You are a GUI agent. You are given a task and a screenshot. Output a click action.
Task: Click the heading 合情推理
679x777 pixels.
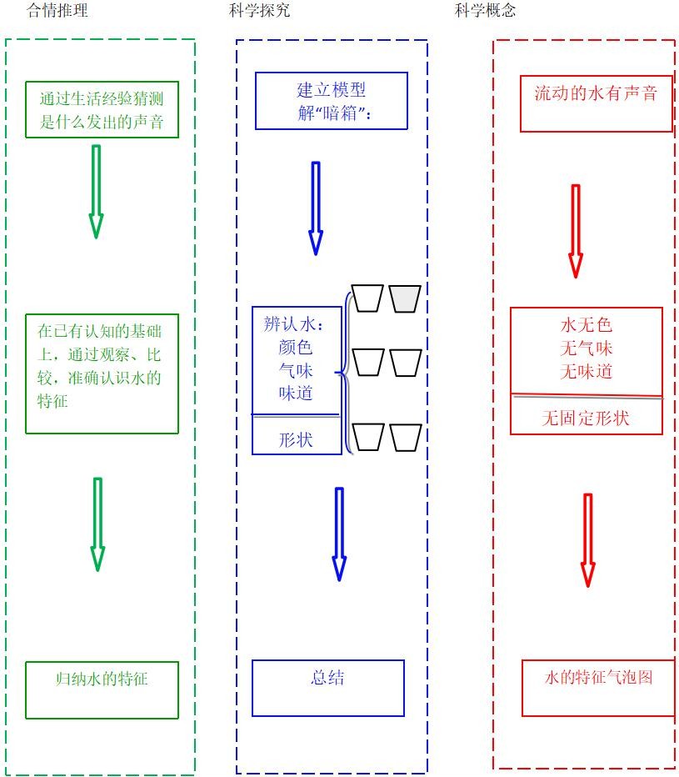tap(57, 11)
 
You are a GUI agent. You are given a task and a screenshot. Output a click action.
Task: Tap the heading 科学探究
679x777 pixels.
tap(260, 11)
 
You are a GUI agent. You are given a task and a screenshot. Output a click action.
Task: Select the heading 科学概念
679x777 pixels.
tap(486, 11)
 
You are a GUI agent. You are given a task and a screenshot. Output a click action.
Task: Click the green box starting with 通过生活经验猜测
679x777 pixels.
tap(102, 109)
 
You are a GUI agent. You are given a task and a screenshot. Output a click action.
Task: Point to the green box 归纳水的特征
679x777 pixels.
tap(102, 689)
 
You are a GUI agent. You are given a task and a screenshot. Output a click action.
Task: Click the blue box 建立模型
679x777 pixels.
tap(331, 100)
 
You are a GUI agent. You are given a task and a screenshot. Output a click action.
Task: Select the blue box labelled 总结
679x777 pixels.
tap(327, 688)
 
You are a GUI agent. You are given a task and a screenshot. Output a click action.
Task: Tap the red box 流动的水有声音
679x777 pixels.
tap(596, 103)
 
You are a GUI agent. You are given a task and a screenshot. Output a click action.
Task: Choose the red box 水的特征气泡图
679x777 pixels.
tap(597, 688)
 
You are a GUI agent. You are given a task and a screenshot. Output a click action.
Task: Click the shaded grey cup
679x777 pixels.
tap(405, 298)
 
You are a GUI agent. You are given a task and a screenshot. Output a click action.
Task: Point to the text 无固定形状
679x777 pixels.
tap(586, 419)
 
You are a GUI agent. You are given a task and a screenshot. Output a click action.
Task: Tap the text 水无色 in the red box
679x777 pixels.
tap(586, 325)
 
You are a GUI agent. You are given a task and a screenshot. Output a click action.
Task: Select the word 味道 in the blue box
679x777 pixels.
tap(296, 393)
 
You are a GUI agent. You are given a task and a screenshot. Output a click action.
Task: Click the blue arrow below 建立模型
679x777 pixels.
tap(315, 208)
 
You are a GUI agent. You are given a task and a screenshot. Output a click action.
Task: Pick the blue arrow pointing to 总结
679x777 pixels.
tap(338, 534)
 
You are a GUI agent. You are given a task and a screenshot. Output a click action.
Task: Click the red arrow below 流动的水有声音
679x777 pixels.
tap(575, 230)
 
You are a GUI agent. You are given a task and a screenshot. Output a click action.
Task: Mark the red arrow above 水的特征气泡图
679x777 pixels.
tap(587, 539)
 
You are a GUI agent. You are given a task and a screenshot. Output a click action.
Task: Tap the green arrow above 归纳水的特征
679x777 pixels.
tap(97, 524)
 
